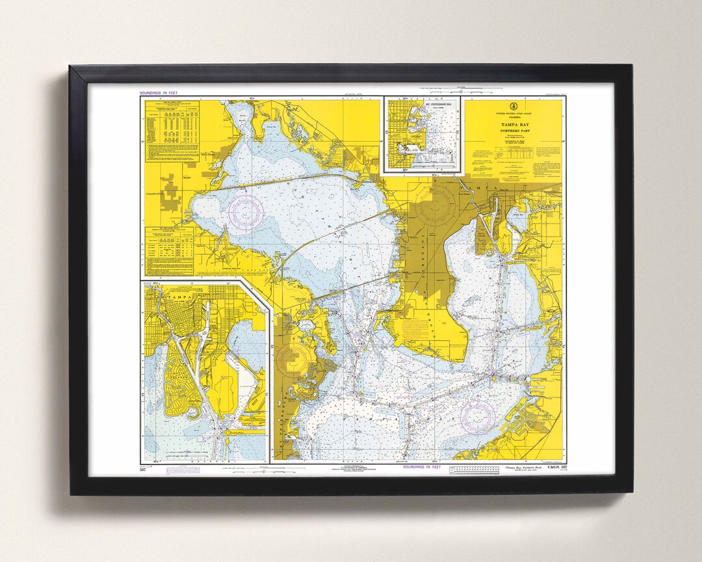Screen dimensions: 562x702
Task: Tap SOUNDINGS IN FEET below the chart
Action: click(422, 466)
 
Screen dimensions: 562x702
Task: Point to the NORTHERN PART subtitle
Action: click(513, 131)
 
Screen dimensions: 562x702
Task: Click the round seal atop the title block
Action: click(513, 107)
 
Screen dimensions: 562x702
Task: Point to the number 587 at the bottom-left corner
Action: click(142, 469)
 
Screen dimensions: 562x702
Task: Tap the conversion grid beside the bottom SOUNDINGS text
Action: click(474, 468)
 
